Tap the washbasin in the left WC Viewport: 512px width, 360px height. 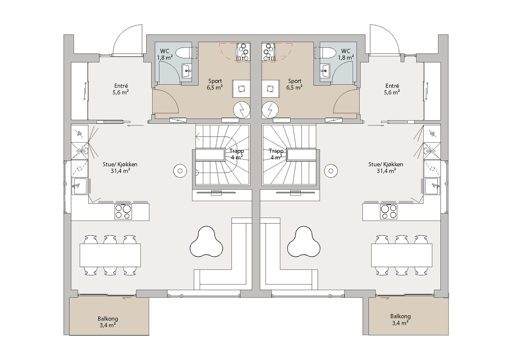coord(187,71)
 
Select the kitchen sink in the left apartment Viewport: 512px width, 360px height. coord(79,186)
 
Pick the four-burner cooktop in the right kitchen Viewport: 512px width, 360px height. coord(388,212)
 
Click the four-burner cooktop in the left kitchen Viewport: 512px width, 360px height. coord(123,212)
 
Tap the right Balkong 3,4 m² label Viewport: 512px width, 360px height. coord(400,319)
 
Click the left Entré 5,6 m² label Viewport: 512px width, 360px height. coord(121,89)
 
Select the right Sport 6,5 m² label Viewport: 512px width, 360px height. coord(294,84)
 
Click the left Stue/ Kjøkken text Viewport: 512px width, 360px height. coord(121,164)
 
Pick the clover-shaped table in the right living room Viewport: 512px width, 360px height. coord(304,242)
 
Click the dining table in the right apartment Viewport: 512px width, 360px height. coord(402,255)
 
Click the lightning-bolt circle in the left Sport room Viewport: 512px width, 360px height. coord(242,110)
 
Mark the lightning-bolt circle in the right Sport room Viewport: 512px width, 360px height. coord(270,110)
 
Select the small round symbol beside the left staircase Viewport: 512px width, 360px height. coord(180,171)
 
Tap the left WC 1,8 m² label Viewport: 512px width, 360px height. coord(165,54)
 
